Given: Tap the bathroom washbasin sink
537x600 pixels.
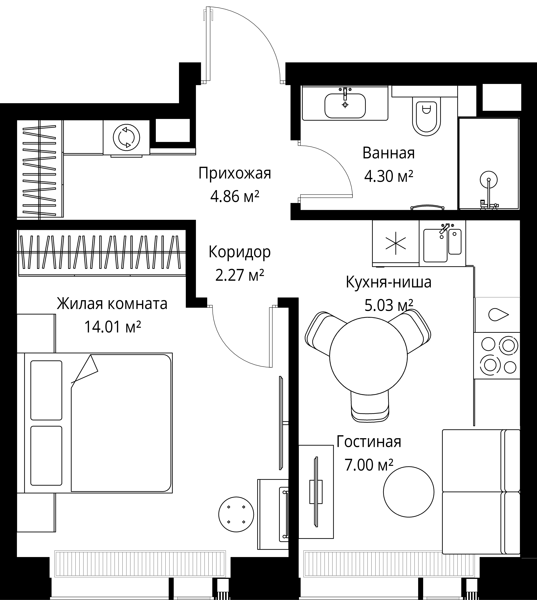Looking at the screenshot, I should (345, 106).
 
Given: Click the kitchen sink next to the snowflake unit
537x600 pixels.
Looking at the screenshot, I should (442, 245).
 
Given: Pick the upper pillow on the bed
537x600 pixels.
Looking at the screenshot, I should (46, 390).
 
